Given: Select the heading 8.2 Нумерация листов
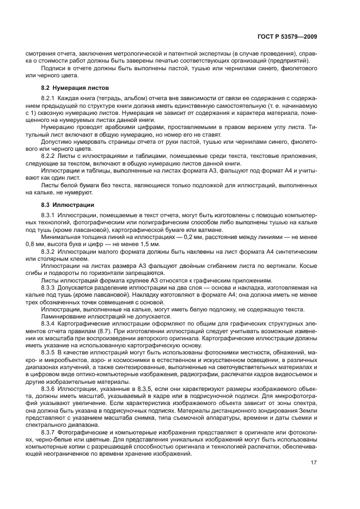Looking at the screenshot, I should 76,88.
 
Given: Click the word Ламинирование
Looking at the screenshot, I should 65,316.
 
